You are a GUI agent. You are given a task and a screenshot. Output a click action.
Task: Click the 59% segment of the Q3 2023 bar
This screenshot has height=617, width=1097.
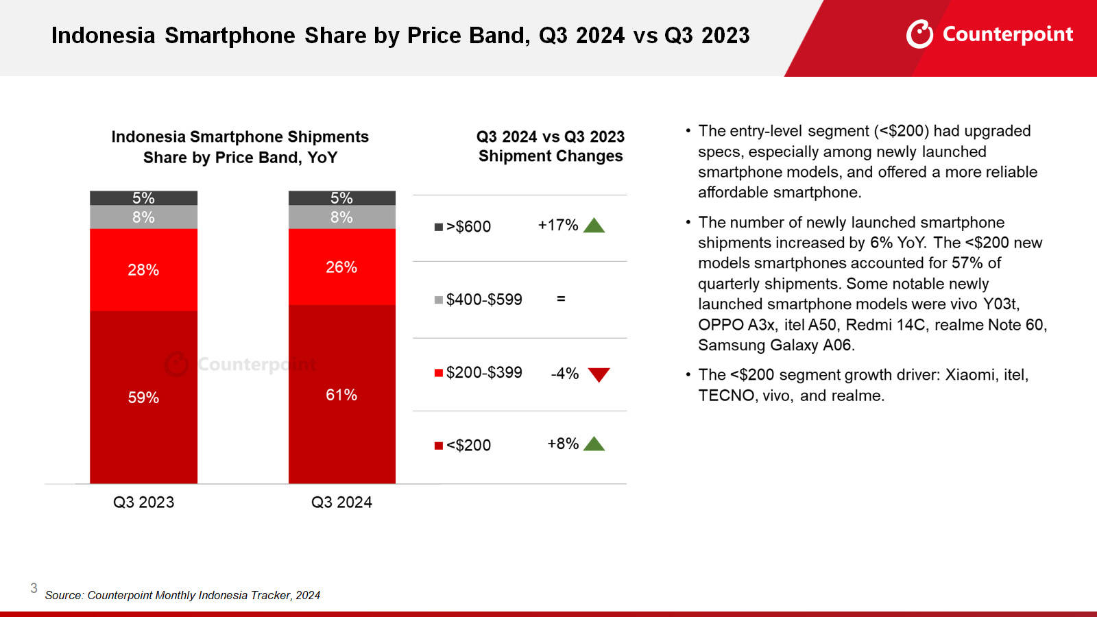click(x=143, y=398)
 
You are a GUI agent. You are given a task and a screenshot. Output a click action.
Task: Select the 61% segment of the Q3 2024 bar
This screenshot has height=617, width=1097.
click(x=341, y=395)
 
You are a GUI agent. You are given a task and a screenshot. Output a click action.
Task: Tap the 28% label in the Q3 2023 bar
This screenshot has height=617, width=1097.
click(x=143, y=270)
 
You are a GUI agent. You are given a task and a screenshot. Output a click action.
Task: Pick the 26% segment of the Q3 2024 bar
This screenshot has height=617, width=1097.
click(x=341, y=267)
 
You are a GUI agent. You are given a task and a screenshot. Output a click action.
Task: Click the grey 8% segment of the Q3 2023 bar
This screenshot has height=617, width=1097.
click(x=143, y=217)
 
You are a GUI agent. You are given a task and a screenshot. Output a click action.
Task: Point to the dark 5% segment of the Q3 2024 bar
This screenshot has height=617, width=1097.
click(x=341, y=198)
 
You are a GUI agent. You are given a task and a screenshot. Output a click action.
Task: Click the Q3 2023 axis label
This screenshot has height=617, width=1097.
click(x=143, y=503)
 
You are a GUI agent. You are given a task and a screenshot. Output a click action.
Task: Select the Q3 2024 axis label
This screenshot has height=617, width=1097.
click(x=341, y=503)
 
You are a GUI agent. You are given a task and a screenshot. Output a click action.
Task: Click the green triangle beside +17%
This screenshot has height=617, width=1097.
click(x=594, y=226)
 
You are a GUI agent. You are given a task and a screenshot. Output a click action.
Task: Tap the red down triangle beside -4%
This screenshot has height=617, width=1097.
click(x=599, y=374)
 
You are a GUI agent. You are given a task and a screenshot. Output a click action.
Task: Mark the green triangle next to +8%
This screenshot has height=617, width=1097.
click(x=594, y=444)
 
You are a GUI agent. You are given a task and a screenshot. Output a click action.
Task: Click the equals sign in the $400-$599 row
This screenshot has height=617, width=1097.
click(x=561, y=299)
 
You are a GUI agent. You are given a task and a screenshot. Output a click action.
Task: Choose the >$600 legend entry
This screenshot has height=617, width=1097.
click(x=463, y=227)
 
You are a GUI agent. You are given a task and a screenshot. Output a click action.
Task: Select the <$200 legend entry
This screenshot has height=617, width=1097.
click(x=463, y=446)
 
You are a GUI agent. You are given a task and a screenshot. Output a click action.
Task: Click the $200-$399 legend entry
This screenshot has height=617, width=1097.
click(x=478, y=373)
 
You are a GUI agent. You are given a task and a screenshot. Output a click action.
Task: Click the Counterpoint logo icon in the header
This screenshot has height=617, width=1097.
click(x=919, y=34)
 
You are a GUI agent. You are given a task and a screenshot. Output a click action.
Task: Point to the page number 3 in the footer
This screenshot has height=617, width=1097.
click(x=34, y=588)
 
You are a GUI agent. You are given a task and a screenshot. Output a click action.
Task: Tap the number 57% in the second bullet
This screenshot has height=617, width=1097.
click(x=967, y=263)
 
